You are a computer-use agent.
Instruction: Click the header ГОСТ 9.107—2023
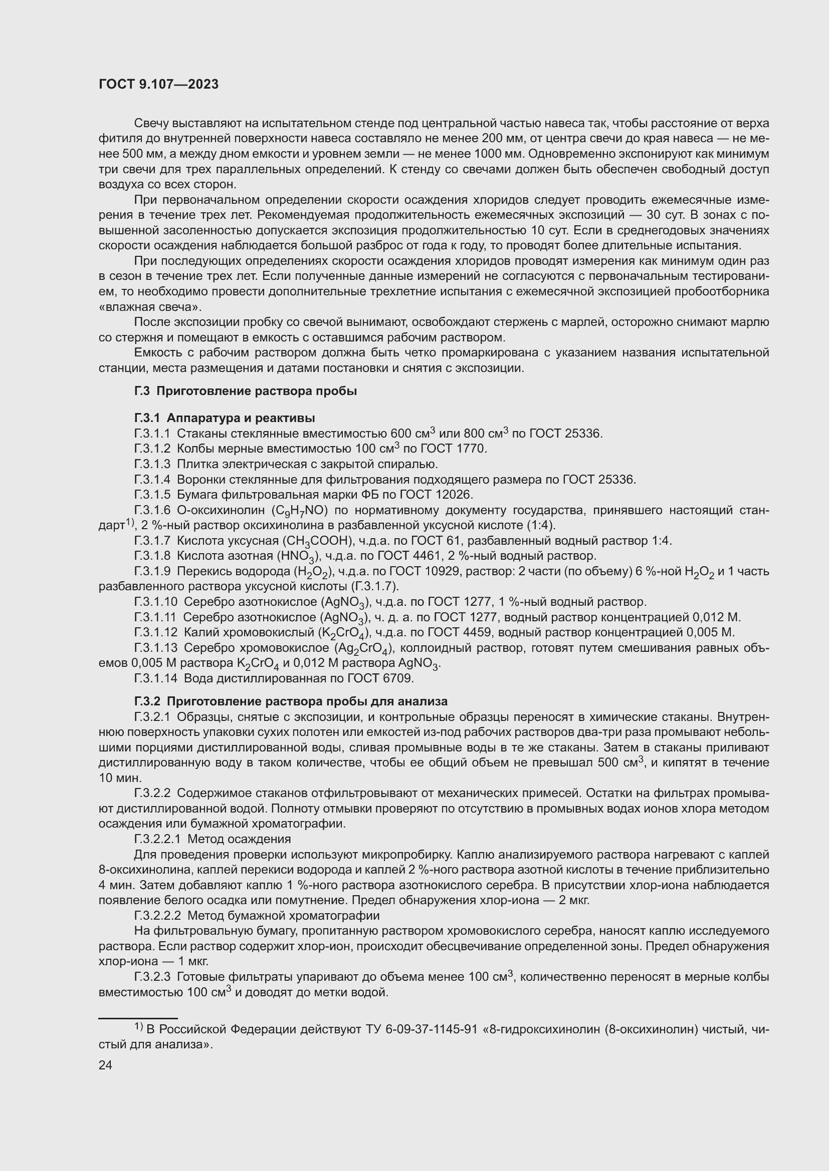coord(158,84)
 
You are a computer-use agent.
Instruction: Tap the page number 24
coord(105,1065)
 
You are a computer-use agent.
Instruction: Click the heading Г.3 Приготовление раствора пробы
coord(246,391)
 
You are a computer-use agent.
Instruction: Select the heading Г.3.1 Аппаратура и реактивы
coord(225,418)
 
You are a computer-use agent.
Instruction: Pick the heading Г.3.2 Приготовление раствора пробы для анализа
coord(291,701)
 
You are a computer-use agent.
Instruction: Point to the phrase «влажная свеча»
coord(149,307)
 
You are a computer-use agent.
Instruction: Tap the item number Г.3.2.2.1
coord(159,839)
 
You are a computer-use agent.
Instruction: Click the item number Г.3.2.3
coord(153,977)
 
